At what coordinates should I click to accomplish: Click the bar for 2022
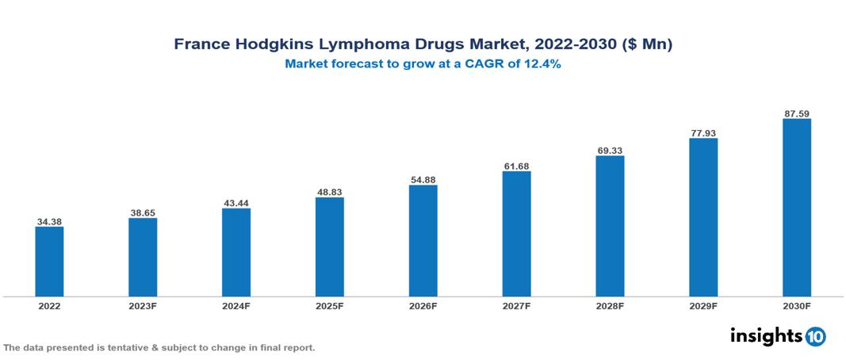(49, 262)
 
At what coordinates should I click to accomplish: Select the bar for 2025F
(329, 247)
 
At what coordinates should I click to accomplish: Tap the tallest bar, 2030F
(796, 208)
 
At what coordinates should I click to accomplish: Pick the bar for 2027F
(516, 234)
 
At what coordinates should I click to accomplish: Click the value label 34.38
(49, 221)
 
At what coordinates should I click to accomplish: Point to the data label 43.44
(236, 203)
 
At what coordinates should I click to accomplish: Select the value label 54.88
(423, 180)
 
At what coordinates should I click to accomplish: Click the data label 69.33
(610, 150)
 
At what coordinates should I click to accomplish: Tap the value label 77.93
(703, 132)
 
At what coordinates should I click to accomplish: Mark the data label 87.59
(796, 113)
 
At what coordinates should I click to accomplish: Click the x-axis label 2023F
(143, 306)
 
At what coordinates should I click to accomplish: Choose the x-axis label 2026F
(423, 306)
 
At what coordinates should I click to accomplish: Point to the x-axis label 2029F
(703, 306)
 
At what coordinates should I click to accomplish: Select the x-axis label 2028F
(610, 306)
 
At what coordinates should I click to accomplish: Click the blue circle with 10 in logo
(815, 337)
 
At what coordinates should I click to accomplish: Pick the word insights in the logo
(766, 336)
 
